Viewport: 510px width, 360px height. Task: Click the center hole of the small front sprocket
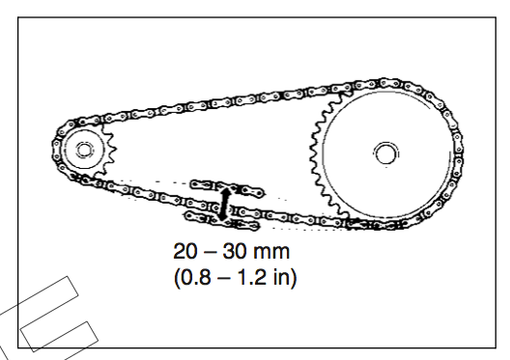click(x=84, y=151)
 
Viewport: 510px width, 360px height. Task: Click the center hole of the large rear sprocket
click(x=385, y=154)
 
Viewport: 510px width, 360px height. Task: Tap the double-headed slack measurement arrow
click(x=224, y=204)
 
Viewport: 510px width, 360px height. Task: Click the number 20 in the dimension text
click(x=185, y=251)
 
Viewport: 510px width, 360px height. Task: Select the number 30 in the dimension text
click(x=235, y=251)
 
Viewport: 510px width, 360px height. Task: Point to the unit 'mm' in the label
click(x=271, y=253)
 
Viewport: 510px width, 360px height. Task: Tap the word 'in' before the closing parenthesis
click(x=280, y=277)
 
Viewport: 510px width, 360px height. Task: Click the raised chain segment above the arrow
click(x=228, y=188)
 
